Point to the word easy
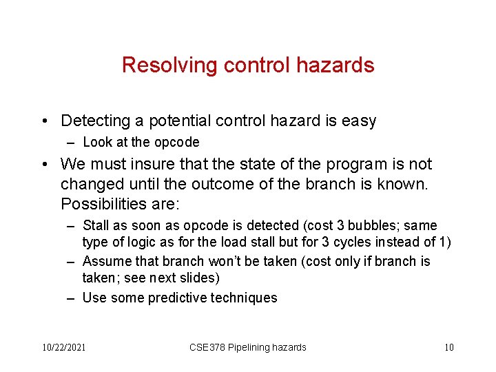[x=359, y=121]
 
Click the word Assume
[x=103, y=262]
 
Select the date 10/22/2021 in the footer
[x=63, y=347]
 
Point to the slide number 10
[x=448, y=347]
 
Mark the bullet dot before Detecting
[x=44, y=122]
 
